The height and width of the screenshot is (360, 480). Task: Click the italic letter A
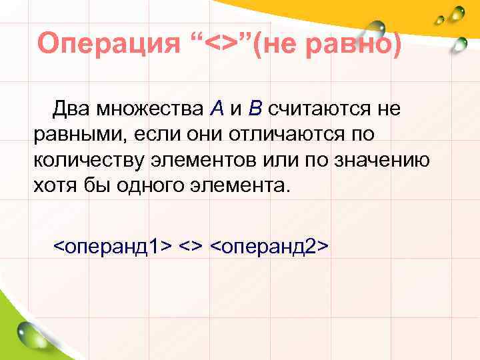[x=216, y=107]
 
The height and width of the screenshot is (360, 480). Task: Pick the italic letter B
[x=256, y=107]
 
